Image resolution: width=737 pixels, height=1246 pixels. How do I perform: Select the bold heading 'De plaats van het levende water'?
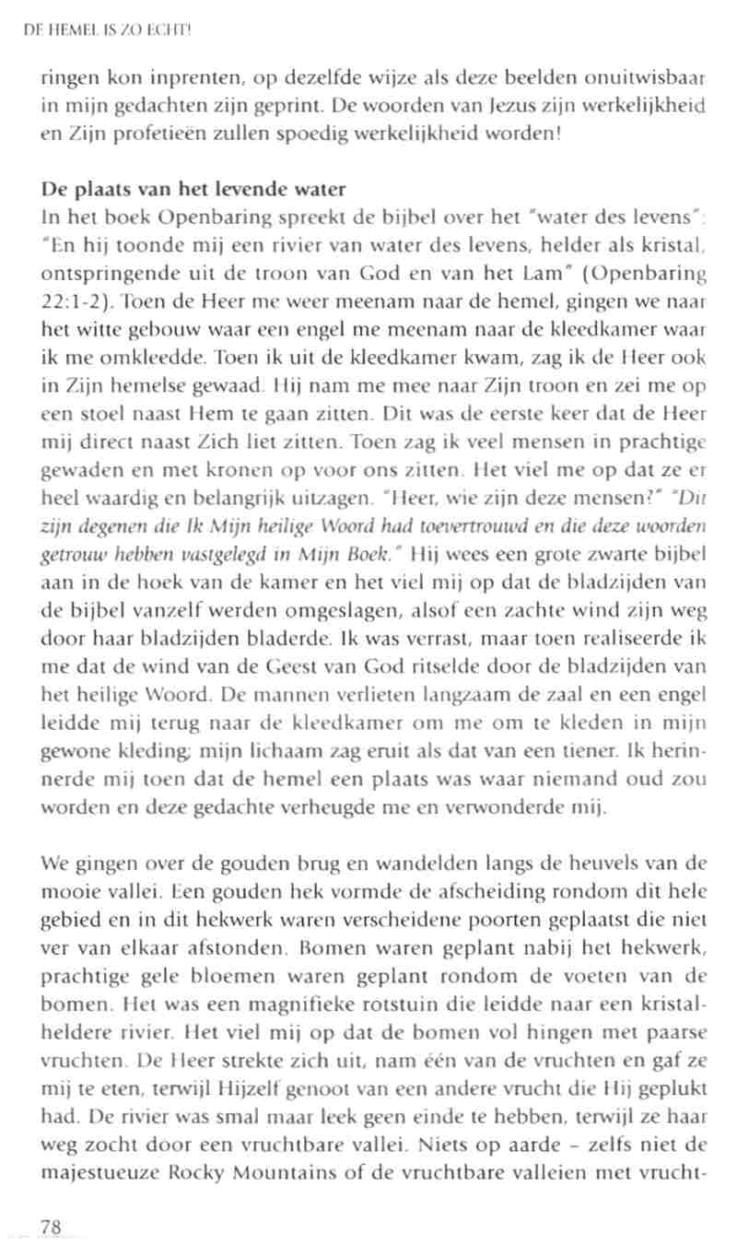193,191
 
